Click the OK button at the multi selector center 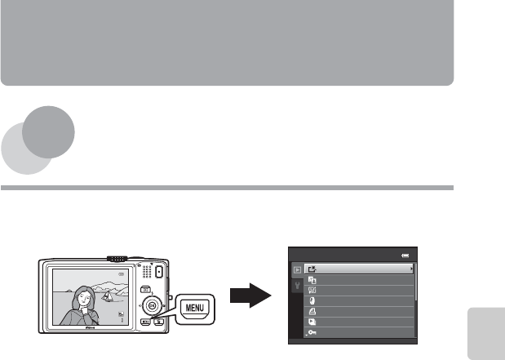pos(150,306)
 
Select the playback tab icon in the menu pos(297,267)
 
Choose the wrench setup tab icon pos(297,287)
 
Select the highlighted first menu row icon pos(311,267)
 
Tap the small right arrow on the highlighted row pos(410,267)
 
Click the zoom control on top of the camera pos(118,258)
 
